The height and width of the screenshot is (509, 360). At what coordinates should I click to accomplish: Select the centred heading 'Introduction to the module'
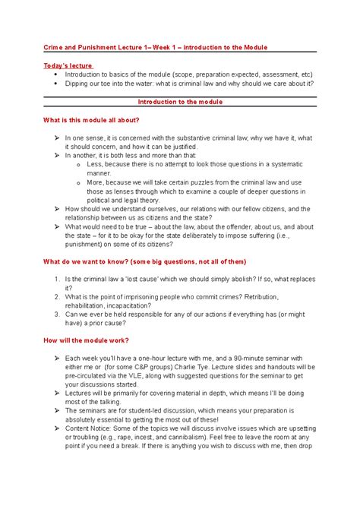(x=179, y=100)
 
